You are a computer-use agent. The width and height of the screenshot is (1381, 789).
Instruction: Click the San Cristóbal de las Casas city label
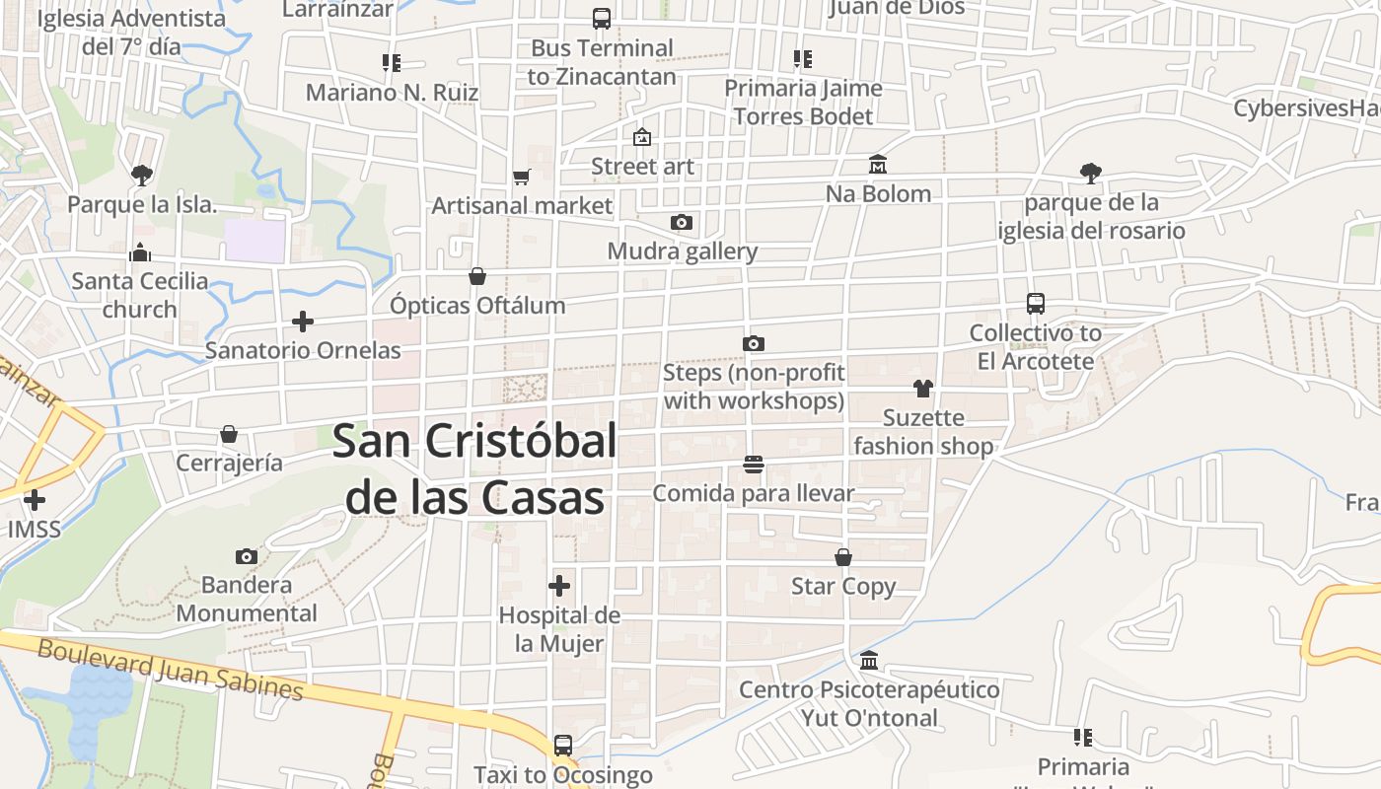(474, 469)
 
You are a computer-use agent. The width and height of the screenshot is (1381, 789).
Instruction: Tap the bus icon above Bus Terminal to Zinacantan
(601, 18)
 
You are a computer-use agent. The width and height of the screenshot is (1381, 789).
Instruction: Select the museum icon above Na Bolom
(877, 164)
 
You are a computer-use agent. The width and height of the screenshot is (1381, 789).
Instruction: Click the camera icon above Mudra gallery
(681, 222)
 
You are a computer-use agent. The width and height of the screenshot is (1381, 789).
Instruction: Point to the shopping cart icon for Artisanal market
(522, 177)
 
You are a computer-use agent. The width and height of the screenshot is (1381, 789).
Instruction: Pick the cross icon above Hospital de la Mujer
(559, 586)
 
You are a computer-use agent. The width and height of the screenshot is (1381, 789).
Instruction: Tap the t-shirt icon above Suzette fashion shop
(922, 389)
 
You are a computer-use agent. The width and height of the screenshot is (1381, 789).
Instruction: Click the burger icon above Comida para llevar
(754, 464)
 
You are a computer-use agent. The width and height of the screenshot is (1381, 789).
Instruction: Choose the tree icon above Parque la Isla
(141, 176)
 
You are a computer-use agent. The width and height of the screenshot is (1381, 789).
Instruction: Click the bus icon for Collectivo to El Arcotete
(1035, 304)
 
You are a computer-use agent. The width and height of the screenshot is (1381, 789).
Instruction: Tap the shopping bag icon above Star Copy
(843, 557)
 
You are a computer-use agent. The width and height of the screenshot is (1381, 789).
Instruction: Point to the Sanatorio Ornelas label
(303, 350)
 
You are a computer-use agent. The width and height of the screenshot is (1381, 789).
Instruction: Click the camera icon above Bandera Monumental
(247, 557)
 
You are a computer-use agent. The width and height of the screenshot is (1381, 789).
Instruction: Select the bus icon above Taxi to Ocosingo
(562, 746)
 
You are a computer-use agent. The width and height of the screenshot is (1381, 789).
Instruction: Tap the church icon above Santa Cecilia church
(140, 252)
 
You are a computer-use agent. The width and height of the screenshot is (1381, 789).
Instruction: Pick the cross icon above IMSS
(35, 500)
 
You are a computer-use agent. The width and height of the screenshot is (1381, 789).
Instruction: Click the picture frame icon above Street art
(642, 137)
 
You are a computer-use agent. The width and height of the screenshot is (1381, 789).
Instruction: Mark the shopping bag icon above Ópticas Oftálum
(477, 276)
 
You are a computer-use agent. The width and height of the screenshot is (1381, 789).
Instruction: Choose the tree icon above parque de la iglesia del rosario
(1090, 174)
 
